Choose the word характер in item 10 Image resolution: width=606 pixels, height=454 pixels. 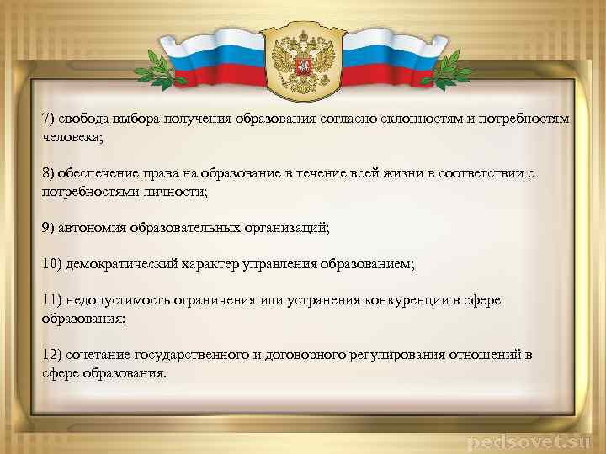coord(211,265)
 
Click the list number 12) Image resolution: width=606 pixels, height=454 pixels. coord(53,356)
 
